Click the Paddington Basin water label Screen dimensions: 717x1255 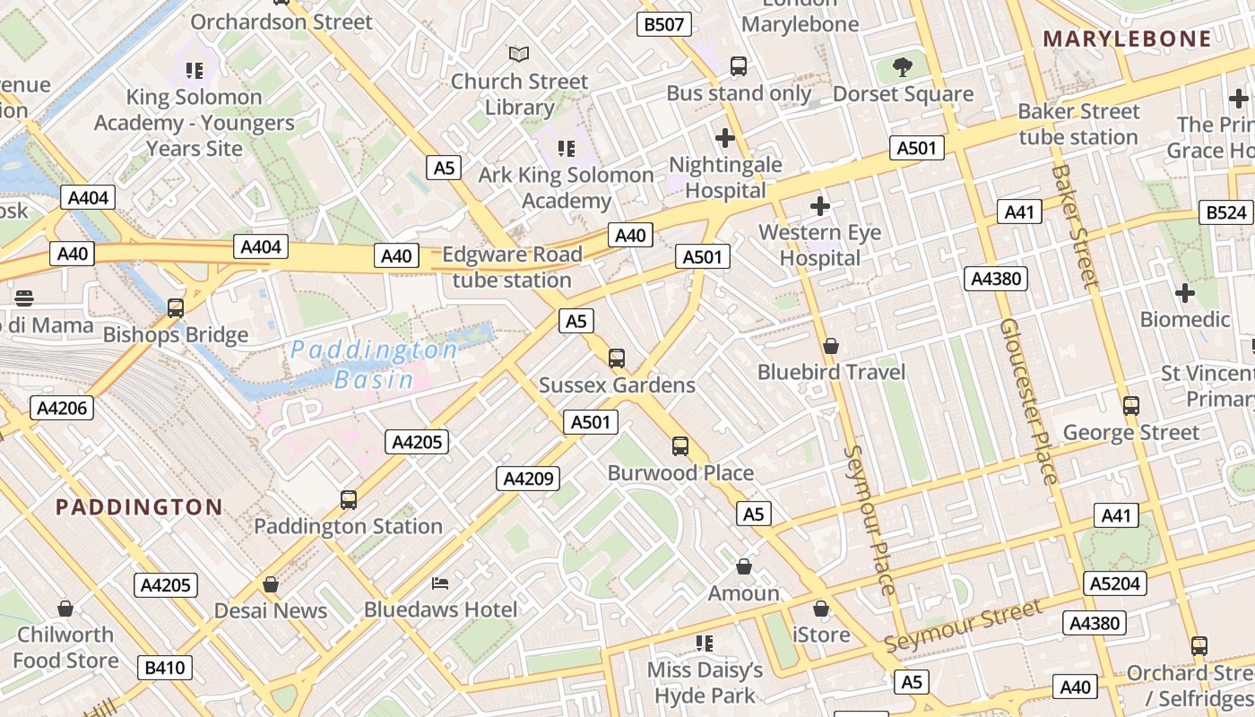coord(374,364)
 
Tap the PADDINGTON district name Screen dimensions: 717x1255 coord(139,507)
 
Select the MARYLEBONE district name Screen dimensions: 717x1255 coord(1128,39)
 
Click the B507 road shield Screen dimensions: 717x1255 coord(664,24)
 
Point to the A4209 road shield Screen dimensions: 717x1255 coord(528,479)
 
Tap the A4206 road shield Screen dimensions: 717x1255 coord(62,409)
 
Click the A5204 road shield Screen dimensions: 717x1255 coord(1115,584)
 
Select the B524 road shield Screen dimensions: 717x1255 coord(1226,212)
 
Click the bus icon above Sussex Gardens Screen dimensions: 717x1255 coord(616,358)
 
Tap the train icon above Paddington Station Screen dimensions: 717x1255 coord(349,499)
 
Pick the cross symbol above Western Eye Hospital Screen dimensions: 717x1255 coord(819,206)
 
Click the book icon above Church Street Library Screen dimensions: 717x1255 coord(519,54)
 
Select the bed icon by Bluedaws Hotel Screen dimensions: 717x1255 coord(440,583)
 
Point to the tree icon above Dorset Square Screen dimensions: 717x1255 coord(903,66)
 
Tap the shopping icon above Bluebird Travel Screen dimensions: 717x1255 coord(831,345)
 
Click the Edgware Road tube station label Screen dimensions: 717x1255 coord(512,267)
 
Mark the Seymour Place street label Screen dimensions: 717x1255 coord(870,520)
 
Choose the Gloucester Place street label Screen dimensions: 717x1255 coord(1028,400)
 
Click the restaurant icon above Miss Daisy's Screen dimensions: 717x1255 coord(705,643)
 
